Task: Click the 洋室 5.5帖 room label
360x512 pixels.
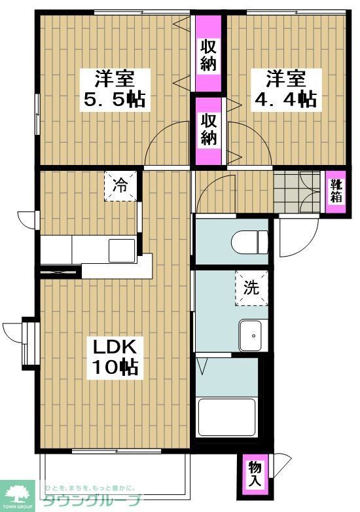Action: click(x=115, y=89)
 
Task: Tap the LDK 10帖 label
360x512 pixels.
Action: click(x=115, y=357)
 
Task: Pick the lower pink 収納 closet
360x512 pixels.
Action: click(x=208, y=130)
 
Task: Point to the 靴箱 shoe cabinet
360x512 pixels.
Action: click(x=336, y=192)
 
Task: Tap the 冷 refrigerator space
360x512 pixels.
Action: click(x=120, y=186)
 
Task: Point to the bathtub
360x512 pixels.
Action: click(x=227, y=417)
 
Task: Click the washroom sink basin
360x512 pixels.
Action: click(x=251, y=335)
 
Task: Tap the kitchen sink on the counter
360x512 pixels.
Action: click(x=122, y=251)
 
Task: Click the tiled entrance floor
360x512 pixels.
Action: click(x=297, y=191)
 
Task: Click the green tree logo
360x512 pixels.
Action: click(x=17, y=494)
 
